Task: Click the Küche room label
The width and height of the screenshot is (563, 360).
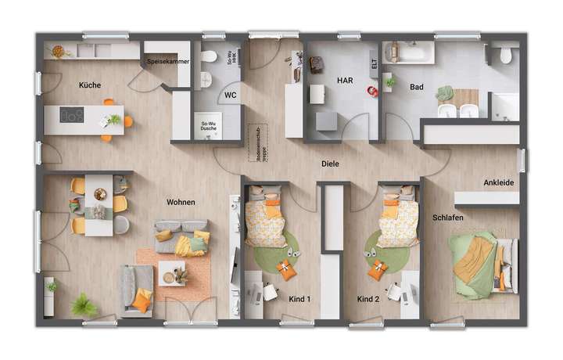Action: tap(89, 84)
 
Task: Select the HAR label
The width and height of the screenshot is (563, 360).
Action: tap(344, 80)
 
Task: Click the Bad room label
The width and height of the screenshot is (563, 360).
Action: tap(417, 88)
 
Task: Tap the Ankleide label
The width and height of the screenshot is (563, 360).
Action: tap(498, 182)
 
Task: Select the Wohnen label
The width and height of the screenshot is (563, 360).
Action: tap(181, 202)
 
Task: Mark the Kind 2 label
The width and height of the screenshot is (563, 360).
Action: tap(368, 299)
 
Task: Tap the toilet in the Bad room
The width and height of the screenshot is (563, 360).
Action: tap(505, 55)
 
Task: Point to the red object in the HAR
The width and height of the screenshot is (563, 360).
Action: tap(371, 91)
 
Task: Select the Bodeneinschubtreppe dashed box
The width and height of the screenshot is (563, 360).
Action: tap(253, 142)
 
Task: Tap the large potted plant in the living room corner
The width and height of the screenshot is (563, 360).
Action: tap(83, 304)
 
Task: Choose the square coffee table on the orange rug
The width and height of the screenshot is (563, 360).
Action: tap(172, 274)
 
